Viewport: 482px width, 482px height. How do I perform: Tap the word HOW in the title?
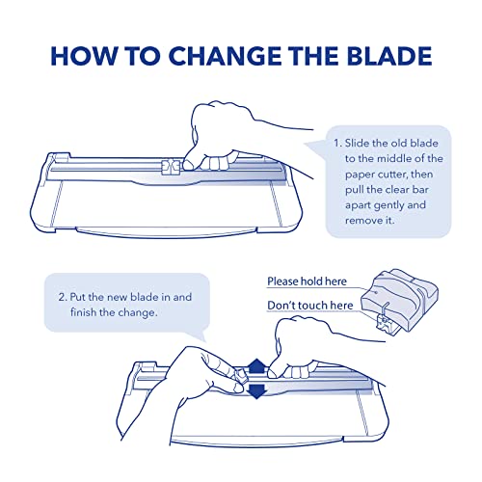[x=83, y=56]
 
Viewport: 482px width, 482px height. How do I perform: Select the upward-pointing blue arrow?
[x=256, y=366]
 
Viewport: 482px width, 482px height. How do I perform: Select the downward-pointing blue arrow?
[x=256, y=391]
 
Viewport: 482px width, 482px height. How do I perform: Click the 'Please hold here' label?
[x=307, y=281]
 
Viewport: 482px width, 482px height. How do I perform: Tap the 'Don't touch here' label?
[x=310, y=306]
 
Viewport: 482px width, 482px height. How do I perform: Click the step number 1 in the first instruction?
[x=337, y=144]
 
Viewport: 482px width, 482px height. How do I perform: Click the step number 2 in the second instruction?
[x=63, y=297]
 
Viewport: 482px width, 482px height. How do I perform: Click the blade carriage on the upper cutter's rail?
[x=170, y=166]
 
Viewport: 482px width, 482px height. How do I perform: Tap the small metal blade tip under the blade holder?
[x=385, y=324]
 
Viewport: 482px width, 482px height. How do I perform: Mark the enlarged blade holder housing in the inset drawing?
[x=399, y=300]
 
